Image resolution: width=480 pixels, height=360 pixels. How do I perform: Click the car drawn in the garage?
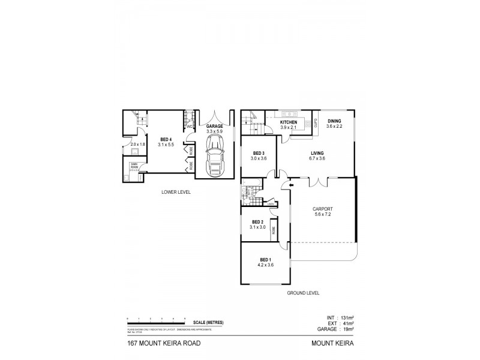click(214, 155)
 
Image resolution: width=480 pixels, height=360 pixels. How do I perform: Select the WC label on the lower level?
click(188, 127)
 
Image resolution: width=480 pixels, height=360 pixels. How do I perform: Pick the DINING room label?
click(334, 120)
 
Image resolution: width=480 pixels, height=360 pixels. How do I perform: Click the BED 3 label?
click(259, 152)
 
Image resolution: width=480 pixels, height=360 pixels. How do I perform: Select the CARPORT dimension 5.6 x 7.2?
click(323, 214)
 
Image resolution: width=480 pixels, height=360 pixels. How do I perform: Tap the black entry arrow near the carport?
click(292, 185)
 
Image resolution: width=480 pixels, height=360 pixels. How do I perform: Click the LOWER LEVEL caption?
click(176, 193)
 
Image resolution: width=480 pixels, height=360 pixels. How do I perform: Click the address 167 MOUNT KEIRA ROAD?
click(159, 344)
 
